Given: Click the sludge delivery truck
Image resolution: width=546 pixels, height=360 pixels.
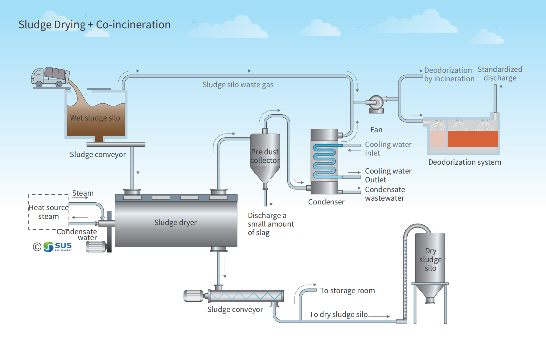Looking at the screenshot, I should pos(50,77).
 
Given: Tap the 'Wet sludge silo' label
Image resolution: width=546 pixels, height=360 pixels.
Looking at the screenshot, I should pos(95,118).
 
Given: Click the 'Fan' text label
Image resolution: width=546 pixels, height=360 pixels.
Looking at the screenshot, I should pos(376,130).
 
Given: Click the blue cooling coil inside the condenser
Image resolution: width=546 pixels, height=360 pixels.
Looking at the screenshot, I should pos(324,161).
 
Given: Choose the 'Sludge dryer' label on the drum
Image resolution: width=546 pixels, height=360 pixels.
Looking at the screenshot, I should pos(175,223).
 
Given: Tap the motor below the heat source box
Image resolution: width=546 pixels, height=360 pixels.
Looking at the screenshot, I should pos(96,247).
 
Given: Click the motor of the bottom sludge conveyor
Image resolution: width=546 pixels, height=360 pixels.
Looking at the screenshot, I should pos(194,296).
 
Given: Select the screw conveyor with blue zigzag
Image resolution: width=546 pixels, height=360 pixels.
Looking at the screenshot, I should pos(246,296).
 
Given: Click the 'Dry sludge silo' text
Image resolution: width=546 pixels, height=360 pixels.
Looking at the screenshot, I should pos(430,260).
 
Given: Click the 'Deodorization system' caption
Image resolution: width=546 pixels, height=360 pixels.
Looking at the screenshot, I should pos(464,162).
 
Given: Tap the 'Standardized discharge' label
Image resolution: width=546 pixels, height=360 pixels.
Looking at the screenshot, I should pos(500,74).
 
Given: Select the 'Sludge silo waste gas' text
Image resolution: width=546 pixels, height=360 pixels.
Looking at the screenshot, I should pos(238,85).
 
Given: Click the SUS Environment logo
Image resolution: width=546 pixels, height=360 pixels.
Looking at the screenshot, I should pos(58,247).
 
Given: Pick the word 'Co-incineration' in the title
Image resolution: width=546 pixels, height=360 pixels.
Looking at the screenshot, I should pos(133,25).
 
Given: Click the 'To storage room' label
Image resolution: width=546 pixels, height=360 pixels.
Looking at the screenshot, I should pos(347,291).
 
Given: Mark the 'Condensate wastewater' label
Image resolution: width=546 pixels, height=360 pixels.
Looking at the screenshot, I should pos(385,194).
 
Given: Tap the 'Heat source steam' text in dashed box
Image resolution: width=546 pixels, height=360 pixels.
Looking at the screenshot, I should pos(49,212).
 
